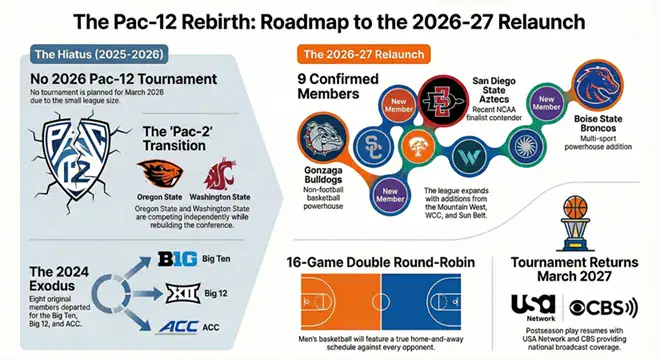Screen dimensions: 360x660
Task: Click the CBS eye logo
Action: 581,304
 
